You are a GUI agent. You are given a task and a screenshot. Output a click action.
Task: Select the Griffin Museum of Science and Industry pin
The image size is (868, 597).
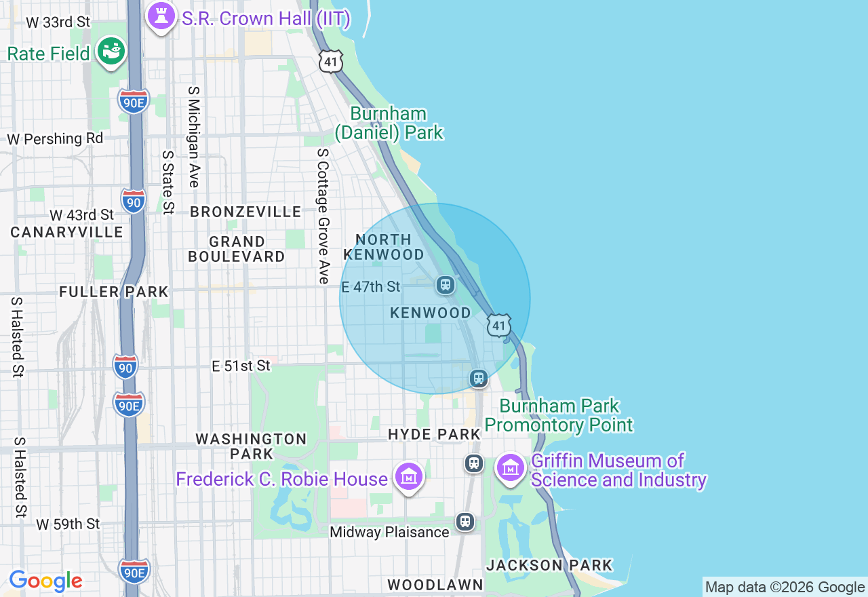[511, 467]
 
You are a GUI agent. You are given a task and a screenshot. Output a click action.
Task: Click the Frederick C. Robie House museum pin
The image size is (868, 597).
[409, 477]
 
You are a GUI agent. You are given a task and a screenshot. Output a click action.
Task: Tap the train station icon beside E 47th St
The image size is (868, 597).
[446, 285]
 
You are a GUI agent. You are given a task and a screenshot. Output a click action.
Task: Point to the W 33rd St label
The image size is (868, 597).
[58, 22]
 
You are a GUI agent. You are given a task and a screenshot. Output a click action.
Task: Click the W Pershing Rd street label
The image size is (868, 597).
[55, 138]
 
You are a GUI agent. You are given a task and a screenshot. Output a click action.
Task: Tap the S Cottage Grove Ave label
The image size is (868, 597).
[323, 216]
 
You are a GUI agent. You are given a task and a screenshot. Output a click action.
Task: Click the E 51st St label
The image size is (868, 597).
[241, 366]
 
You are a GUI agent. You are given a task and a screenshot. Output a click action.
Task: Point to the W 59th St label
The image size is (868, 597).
[68, 524]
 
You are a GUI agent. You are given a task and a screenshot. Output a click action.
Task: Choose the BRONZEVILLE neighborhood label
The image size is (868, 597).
[245, 212]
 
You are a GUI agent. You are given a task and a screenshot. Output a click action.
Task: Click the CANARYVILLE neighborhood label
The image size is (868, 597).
[67, 232]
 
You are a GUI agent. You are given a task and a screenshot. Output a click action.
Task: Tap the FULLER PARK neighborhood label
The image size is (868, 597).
[113, 292]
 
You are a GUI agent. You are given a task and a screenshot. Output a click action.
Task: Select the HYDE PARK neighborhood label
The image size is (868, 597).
[434, 434]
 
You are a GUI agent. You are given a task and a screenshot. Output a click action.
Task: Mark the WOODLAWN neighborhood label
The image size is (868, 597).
[435, 585]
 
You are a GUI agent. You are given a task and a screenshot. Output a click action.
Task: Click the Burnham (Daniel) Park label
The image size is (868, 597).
[389, 123]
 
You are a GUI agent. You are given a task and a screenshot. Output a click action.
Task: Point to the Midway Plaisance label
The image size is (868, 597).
[389, 532]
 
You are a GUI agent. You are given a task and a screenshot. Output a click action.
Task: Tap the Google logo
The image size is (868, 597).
[45, 581]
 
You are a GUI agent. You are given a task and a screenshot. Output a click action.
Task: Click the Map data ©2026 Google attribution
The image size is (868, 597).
[785, 588]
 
